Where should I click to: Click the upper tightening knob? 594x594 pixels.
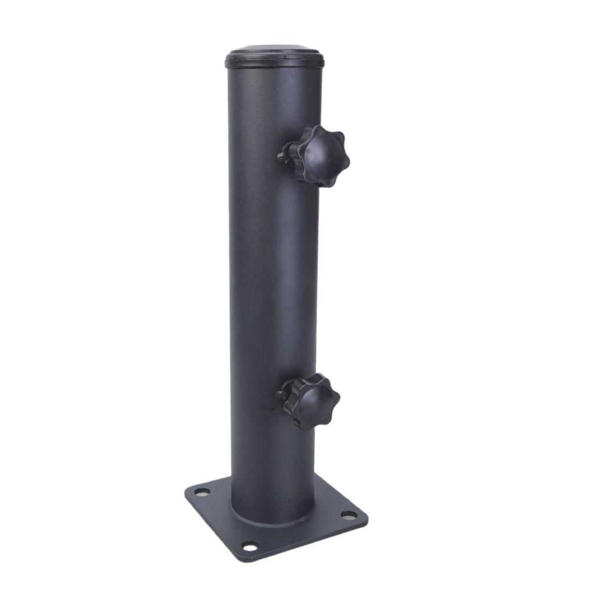(x=318, y=155)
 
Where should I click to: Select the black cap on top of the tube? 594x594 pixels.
(x=274, y=57)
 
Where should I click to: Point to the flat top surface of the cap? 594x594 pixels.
(x=274, y=50)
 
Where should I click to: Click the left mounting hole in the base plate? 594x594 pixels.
(x=201, y=492)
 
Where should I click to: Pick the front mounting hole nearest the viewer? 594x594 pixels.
(x=249, y=545)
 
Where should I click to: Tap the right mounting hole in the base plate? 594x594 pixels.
(x=348, y=515)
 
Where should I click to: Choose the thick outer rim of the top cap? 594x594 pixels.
(x=274, y=61)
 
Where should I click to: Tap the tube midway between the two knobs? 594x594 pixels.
(x=273, y=278)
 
